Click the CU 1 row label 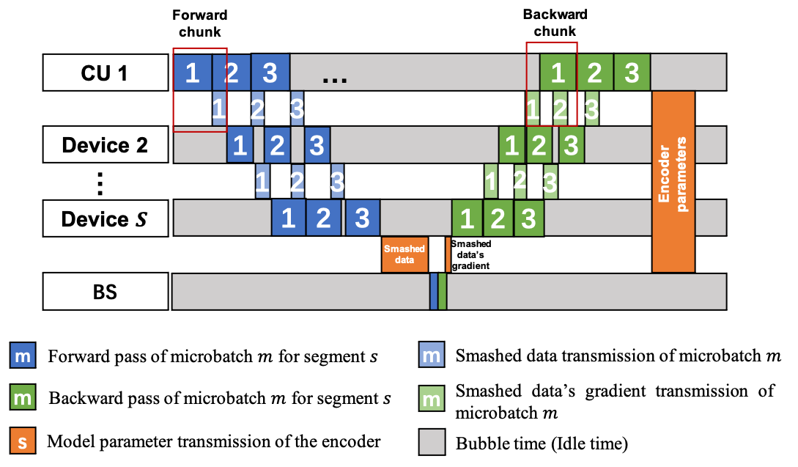click(x=104, y=73)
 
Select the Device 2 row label click(x=104, y=145)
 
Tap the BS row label click(x=104, y=292)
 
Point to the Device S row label click(x=104, y=218)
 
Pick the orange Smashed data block click(x=404, y=254)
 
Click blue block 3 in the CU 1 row click(x=270, y=73)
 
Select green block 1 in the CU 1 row click(x=558, y=73)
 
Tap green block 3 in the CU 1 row click(x=632, y=73)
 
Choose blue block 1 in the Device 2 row click(x=239, y=145)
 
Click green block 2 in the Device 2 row click(x=539, y=145)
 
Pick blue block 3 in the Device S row click(x=362, y=218)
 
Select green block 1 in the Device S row click(x=468, y=218)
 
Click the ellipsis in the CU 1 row click(x=334, y=77)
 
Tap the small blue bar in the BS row click(x=434, y=292)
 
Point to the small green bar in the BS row click(x=443, y=292)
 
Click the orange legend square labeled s click(x=23, y=442)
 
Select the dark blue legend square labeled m click(x=23, y=356)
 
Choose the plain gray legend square click(x=432, y=442)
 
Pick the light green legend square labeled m click(x=432, y=400)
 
